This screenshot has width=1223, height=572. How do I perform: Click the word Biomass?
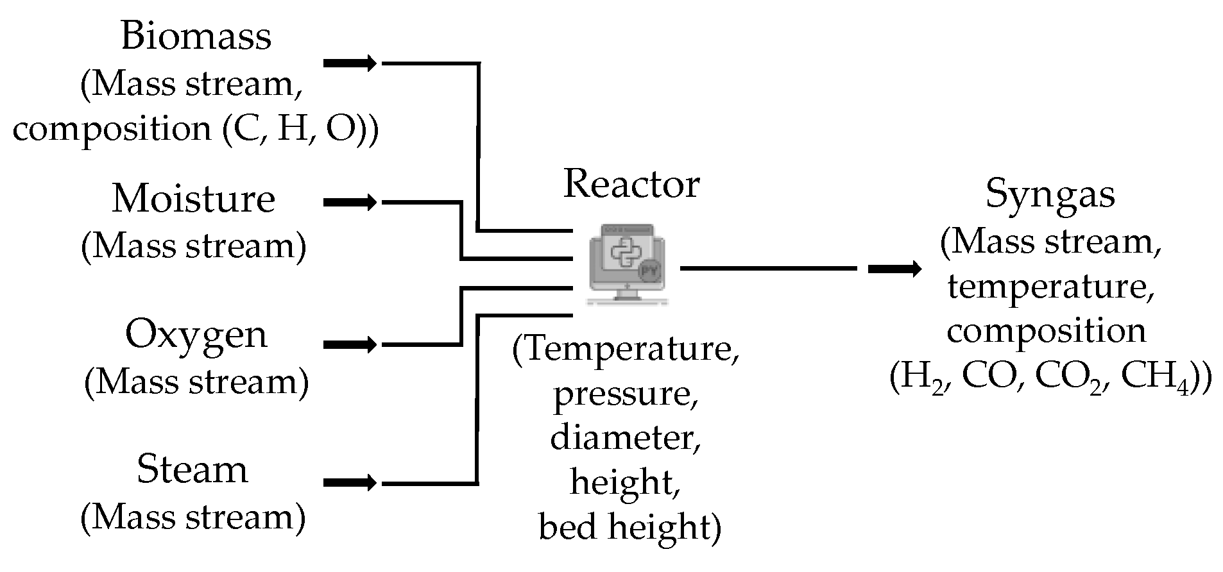(x=196, y=36)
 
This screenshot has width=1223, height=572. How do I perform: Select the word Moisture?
(x=194, y=199)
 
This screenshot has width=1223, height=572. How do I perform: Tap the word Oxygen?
(x=196, y=335)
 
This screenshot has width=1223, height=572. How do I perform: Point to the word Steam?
(x=192, y=469)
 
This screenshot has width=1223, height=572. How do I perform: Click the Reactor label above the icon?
(x=631, y=185)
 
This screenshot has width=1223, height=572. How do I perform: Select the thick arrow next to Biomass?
(x=350, y=63)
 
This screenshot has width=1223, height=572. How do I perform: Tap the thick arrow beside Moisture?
(x=350, y=203)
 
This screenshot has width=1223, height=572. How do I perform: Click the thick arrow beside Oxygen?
(x=350, y=345)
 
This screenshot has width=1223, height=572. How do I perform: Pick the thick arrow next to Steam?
(x=350, y=482)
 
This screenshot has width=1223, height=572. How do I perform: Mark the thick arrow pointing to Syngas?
(x=894, y=269)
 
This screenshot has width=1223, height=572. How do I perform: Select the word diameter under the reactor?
(x=625, y=437)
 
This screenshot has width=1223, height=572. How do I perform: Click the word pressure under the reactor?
(x=626, y=393)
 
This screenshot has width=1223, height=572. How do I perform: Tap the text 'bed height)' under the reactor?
(x=629, y=527)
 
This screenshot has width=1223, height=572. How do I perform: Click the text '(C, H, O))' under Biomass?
(x=300, y=129)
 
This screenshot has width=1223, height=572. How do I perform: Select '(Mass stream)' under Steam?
(x=193, y=517)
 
